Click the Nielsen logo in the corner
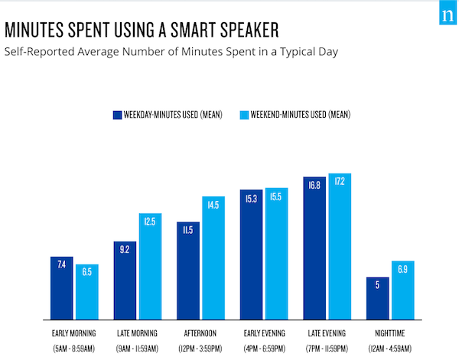click(x=448, y=13)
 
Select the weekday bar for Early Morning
click(x=61, y=288)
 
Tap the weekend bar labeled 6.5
click(x=87, y=292)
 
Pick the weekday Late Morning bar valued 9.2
click(x=125, y=281)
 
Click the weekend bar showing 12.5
click(x=150, y=267)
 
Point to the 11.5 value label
click(x=188, y=230)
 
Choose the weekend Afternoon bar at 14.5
click(x=213, y=258)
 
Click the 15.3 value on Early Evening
click(x=251, y=199)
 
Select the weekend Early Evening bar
click(x=277, y=254)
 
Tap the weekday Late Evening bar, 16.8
click(x=314, y=248)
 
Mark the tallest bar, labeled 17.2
click(x=340, y=247)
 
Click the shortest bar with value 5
click(x=378, y=298)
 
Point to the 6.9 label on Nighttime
click(x=402, y=269)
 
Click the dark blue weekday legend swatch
click(x=117, y=115)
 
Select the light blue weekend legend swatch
click(x=244, y=115)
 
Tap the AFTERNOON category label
click(x=200, y=333)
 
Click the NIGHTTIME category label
click(x=390, y=333)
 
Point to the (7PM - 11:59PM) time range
click(x=327, y=349)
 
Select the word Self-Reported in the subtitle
click(x=39, y=52)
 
